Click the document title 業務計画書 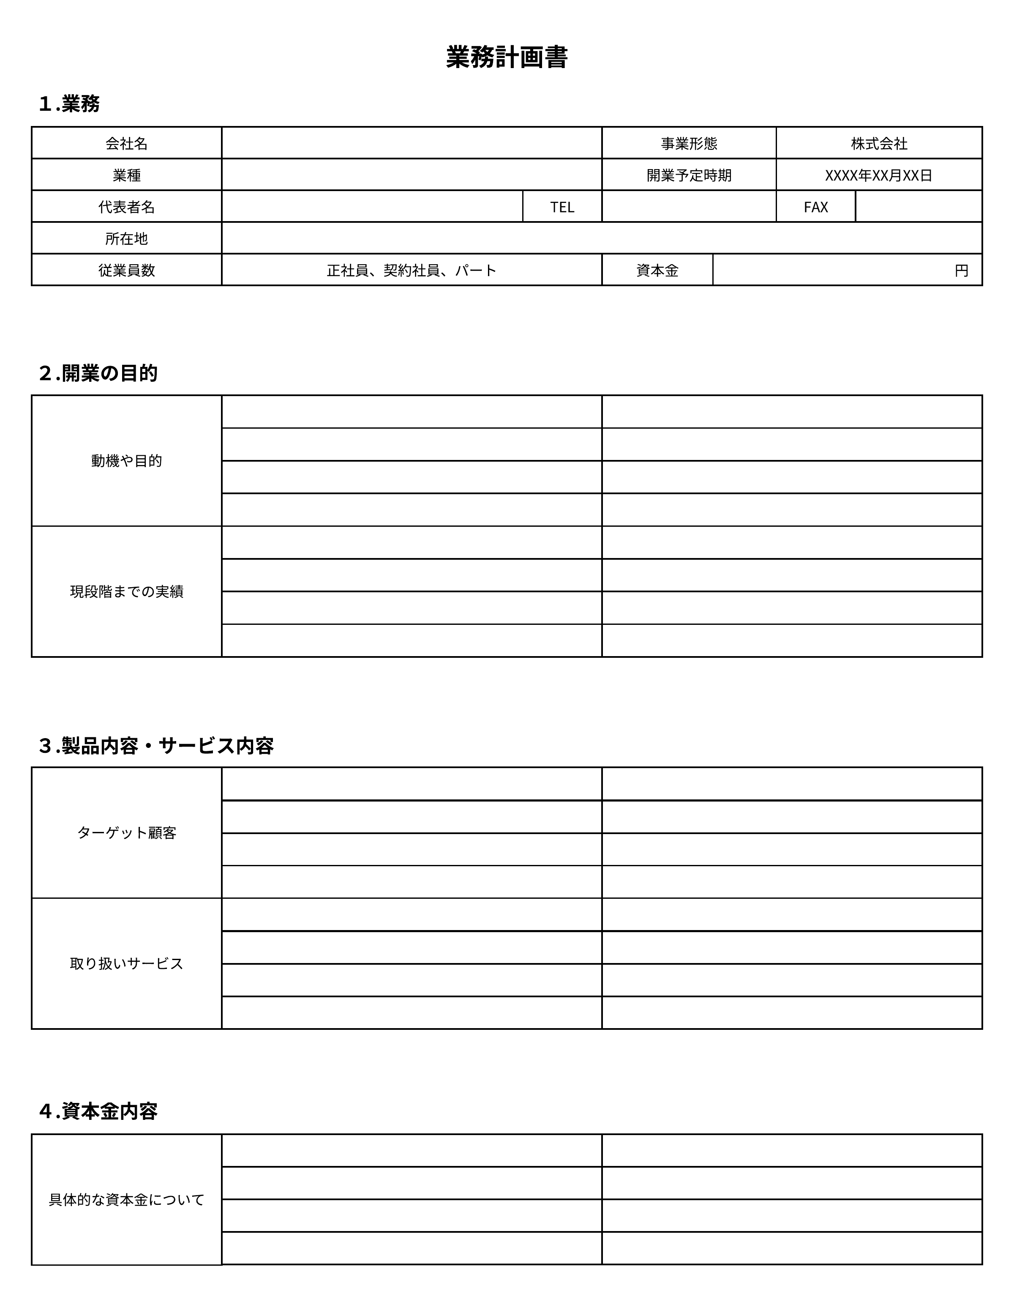pyautogui.click(x=507, y=57)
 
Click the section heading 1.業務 pyautogui.click(x=69, y=104)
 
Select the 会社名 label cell pyautogui.click(x=126, y=144)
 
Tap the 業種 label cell pyautogui.click(x=126, y=175)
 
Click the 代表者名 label pyautogui.click(x=126, y=207)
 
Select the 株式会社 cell pyautogui.click(x=879, y=144)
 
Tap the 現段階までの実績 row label pyautogui.click(x=126, y=591)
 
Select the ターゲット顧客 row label pyautogui.click(x=126, y=832)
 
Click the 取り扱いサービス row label pyautogui.click(x=126, y=963)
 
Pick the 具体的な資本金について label pyautogui.click(x=126, y=1200)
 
